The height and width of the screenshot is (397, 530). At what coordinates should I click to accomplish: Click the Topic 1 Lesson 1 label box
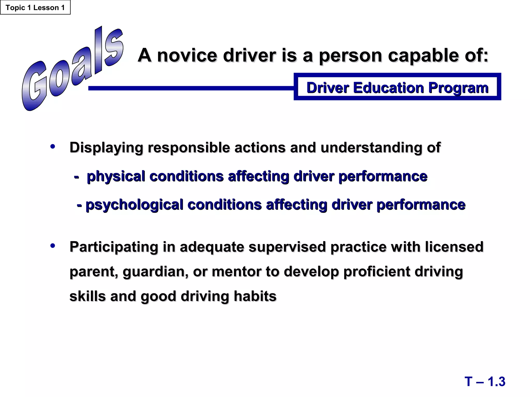[35, 7]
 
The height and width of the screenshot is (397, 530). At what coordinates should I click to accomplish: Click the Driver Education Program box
[397, 87]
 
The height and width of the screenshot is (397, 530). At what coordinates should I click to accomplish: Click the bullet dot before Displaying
[53, 147]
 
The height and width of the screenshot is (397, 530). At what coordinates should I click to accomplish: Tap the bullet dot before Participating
[53, 246]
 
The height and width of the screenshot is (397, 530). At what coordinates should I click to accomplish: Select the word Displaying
[106, 148]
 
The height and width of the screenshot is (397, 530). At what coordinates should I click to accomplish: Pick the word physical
[116, 177]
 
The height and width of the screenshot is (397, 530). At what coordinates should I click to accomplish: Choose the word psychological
[134, 205]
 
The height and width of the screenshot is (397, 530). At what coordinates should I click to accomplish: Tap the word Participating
[114, 247]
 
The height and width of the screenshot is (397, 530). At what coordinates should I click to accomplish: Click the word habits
[255, 296]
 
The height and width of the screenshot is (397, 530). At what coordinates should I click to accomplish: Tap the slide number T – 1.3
[485, 381]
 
